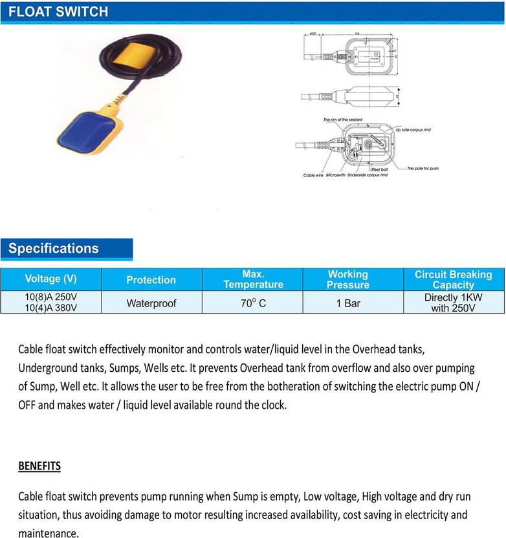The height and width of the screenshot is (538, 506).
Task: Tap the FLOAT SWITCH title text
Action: click(59, 12)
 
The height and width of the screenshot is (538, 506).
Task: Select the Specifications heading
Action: click(54, 249)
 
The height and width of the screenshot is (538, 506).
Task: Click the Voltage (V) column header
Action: click(50, 279)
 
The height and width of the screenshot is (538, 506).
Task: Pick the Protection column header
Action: click(151, 280)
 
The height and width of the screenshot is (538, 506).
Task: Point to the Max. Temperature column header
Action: click(253, 279)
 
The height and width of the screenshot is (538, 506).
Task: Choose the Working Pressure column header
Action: click(347, 279)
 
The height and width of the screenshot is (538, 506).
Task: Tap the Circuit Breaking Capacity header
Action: click(453, 279)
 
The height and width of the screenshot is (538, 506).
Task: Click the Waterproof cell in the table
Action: click(151, 303)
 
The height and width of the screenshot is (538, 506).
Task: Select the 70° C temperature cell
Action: click(253, 303)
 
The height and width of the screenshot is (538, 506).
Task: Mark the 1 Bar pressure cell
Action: click(347, 303)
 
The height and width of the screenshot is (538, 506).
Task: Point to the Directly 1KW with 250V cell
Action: click(453, 303)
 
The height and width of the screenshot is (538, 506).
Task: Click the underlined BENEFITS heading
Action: click(39, 466)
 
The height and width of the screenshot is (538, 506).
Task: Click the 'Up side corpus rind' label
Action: click(414, 130)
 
